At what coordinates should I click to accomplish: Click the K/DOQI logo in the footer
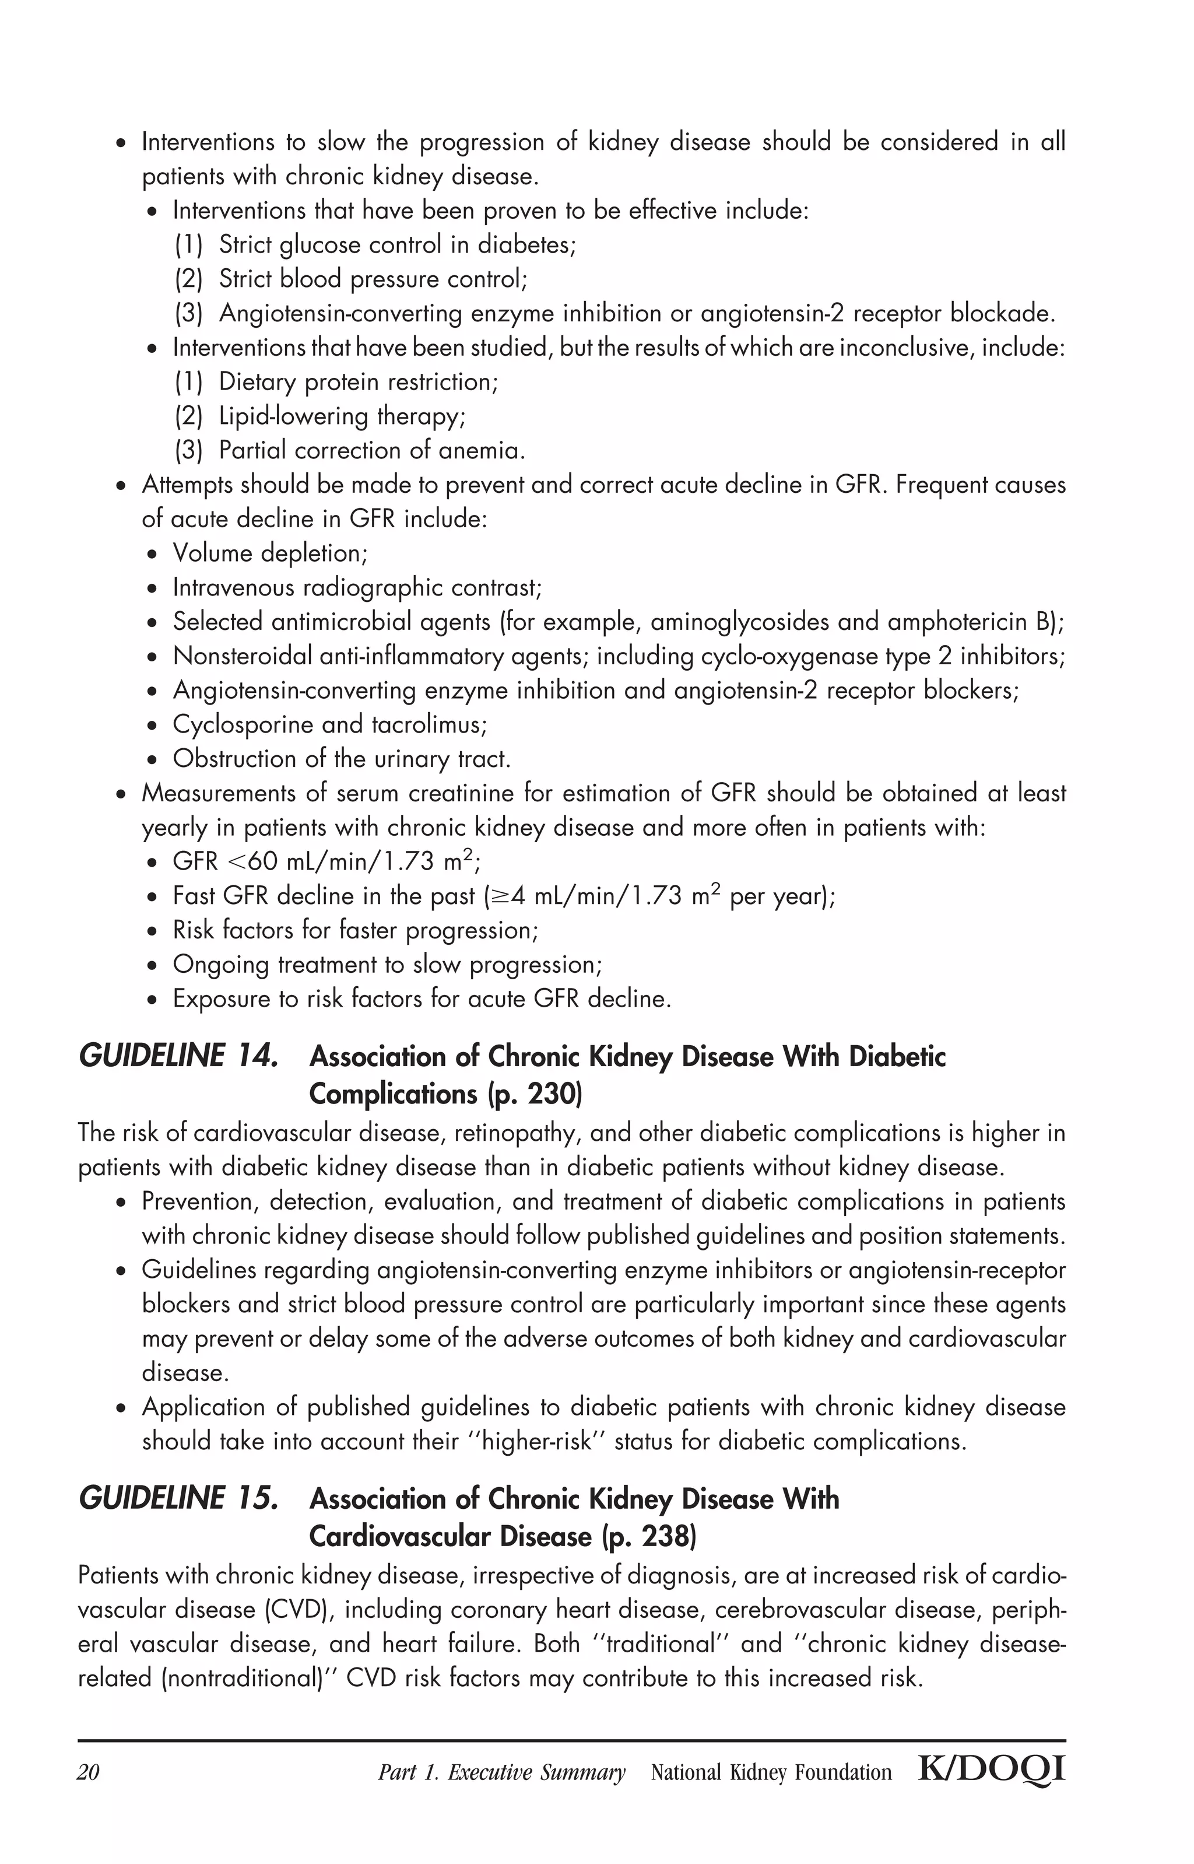pyautogui.click(x=991, y=1770)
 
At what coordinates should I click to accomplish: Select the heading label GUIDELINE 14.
pyautogui.click(x=178, y=1057)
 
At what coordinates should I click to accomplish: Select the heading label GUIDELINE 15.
pyautogui.click(x=178, y=1499)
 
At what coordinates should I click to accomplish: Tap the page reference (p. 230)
pyautogui.click(x=534, y=1094)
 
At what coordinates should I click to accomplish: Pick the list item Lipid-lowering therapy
pyautogui.click(x=341, y=417)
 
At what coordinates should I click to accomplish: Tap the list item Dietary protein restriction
pyautogui.click(x=358, y=382)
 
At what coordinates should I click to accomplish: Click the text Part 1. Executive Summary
pyautogui.click(x=501, y=1772)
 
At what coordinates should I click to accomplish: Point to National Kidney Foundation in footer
pyautogui.click(x=771, y=1772)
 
